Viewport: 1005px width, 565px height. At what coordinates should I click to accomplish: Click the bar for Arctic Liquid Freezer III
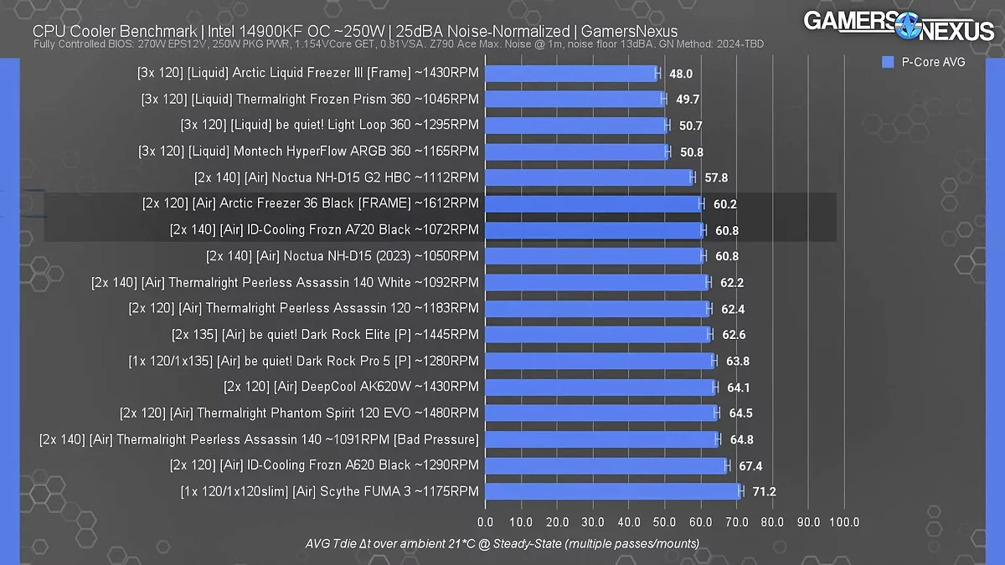tap(571, 73)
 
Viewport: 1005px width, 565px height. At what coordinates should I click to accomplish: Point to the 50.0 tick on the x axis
tap(664, 523)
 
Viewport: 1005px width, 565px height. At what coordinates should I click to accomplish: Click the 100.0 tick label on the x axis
tap(843, 523)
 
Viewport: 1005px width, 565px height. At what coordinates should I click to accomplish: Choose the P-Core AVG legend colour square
tap(888, 62)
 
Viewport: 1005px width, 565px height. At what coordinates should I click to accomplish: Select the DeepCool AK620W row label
tap(352, 387)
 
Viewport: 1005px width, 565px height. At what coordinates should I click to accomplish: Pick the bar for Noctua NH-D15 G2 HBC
tap(589, 177)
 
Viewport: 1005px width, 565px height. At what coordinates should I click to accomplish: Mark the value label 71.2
tap(764, 491)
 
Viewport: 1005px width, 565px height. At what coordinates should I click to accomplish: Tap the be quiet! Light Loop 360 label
tap(330, 125)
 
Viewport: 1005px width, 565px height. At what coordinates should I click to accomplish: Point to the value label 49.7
tap(688, 99)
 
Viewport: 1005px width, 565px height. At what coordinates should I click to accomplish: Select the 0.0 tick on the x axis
tap(485, 523)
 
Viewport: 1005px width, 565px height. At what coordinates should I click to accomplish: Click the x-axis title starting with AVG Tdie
tap(502, 544)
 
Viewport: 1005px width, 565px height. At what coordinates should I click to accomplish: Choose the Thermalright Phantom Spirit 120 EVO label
tap(300, 413)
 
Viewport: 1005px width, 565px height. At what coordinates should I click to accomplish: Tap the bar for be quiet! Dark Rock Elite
tap(597, 335)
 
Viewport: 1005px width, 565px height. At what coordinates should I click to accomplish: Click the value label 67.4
tap(750, 465)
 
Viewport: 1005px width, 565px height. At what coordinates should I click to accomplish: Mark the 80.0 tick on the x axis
tap(772, 523)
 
